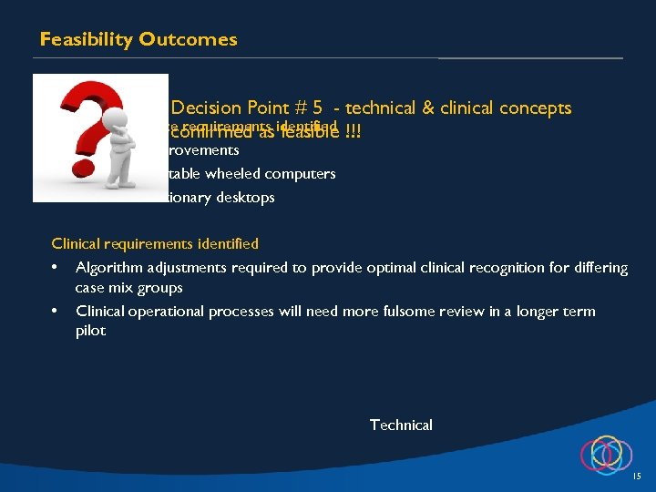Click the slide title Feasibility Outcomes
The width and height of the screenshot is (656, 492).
138,39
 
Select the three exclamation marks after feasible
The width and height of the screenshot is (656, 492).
352,133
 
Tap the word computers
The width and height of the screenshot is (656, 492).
303,173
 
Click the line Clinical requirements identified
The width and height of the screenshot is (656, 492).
155,243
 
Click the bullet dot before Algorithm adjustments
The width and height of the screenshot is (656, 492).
56,268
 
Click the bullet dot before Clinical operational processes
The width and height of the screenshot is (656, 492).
56,312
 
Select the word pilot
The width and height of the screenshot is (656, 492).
90,331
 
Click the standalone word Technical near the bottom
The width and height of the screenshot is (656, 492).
401,425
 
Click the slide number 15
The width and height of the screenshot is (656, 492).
636,477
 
